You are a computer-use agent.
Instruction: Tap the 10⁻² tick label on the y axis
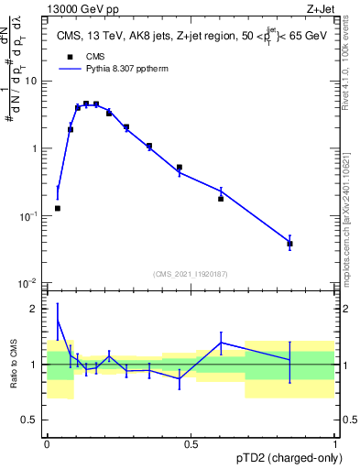[x=29, y=283]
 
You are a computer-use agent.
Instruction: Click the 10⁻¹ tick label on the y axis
[x=29, y=215]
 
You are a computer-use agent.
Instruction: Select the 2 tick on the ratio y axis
[x=37, y=309]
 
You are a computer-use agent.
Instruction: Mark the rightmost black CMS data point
[x=289, y=244]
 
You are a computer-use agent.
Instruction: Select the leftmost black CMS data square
[x=58, y=208]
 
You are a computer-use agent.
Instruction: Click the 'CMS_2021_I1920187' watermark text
[x=190, y=273]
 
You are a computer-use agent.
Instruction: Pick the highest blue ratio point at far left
[x=58, y=321]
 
